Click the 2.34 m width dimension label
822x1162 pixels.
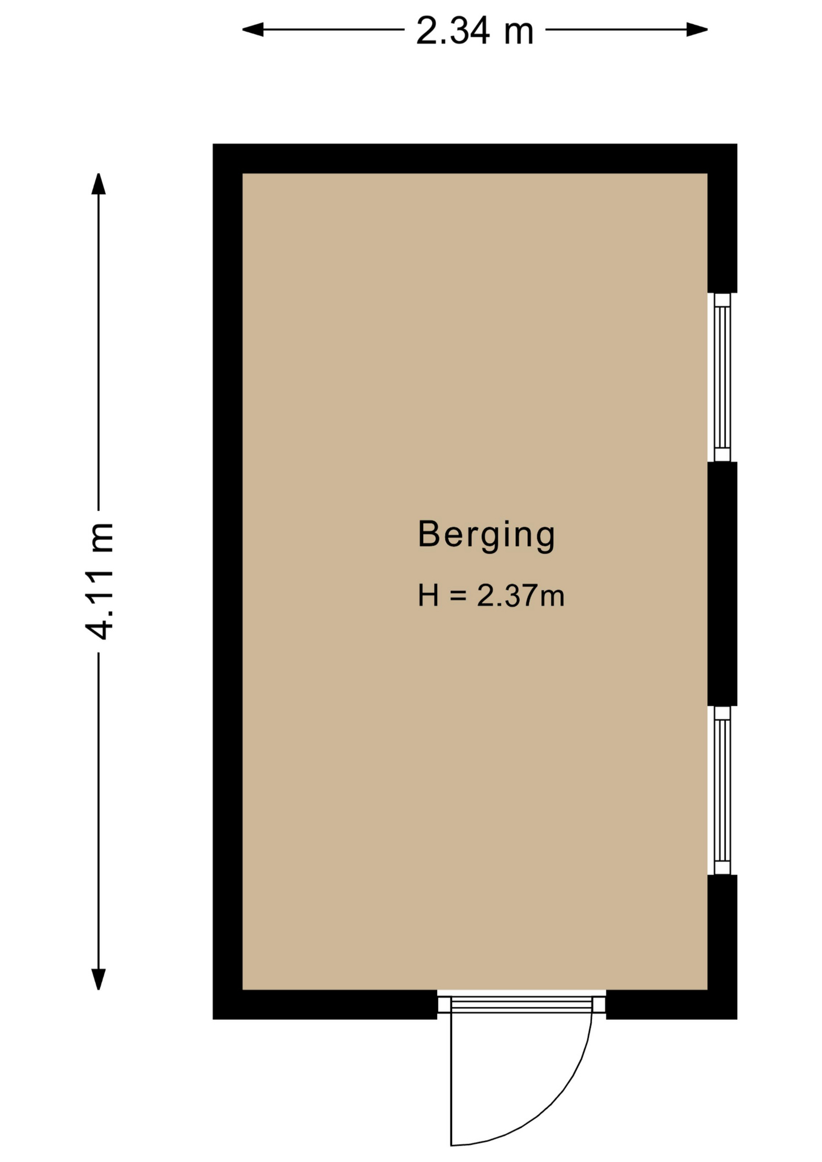[x=475, y=31]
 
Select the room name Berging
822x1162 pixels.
[x=486, y=535]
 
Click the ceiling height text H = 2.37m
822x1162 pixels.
[x=491, y=596]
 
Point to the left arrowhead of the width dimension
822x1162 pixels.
[x=253, y=29]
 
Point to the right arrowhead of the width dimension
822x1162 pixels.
[x=697, y=29]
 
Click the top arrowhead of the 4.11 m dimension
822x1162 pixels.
[x=99, y=184]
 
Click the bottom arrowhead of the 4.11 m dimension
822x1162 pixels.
[x=99, y=979]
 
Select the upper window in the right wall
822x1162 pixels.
[x=722, y=378]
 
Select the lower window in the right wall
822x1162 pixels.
[x=722, y=790]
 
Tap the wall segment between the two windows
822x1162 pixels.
[x=722, y=584]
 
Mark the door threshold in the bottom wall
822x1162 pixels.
[x=521, y=1005]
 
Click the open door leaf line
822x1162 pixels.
[x=452, y=1079]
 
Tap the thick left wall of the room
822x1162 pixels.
[x=228, y=582]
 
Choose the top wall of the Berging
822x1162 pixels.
[x=475, y=159]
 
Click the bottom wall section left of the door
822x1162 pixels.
[x=325, y=1005]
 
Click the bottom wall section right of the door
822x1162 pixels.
[x=671, y=1005]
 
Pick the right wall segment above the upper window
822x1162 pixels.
[x=722, y=233]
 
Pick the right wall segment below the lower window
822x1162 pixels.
[x=722, y=933]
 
